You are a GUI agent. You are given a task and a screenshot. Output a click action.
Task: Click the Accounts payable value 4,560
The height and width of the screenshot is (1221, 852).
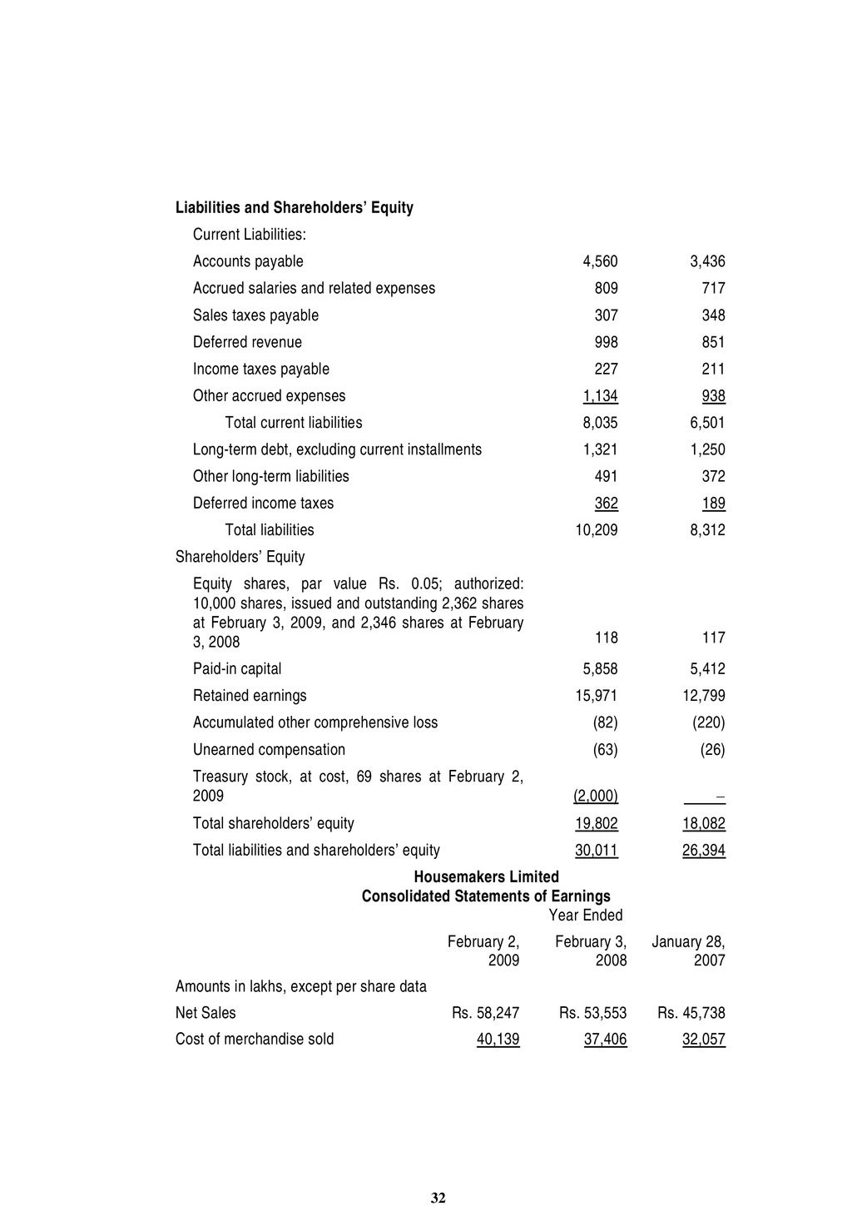point(600,261)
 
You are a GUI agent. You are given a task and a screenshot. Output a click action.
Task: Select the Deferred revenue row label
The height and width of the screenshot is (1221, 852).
point(247,342)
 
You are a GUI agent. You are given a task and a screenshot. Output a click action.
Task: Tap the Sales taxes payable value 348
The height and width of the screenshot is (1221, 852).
point(712,315)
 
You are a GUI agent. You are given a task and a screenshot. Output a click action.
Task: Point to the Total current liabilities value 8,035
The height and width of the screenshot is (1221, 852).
point(600,423)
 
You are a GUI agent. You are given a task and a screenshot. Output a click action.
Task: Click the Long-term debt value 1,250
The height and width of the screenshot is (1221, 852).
point(707,449)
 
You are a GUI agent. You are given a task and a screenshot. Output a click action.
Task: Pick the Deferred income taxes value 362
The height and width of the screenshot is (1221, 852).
point(606,504)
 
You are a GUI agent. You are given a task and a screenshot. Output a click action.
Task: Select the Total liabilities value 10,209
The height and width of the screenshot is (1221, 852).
point(597,530)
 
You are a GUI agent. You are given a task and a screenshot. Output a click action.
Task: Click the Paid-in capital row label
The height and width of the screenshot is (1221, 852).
point(237,669)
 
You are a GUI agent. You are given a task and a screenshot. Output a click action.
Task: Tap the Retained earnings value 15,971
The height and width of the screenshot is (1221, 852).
point(597,696)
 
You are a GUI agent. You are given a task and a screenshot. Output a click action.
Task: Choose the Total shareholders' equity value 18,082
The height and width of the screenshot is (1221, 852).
point(704,824)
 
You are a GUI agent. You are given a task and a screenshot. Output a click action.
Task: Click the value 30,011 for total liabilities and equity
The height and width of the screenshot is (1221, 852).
point(597,851)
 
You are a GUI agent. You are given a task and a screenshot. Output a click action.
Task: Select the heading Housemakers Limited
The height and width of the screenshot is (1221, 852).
point(486,877)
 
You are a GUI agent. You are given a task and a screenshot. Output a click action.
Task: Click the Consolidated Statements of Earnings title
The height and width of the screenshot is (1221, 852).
point(486,896)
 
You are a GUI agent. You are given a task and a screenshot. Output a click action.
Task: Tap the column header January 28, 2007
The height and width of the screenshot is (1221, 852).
point(688,951)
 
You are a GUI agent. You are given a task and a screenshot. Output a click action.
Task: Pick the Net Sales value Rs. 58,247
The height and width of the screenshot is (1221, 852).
point(486,1014)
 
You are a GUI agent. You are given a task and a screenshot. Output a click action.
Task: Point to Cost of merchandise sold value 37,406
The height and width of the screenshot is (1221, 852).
point(606,1040)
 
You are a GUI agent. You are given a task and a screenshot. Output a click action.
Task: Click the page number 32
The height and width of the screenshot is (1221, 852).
point(438,1199)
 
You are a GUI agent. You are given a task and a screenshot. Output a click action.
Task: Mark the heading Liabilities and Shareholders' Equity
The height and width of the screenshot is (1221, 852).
point(295,207)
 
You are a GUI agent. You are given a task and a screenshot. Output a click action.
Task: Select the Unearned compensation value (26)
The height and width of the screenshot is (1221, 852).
point(712,750)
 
